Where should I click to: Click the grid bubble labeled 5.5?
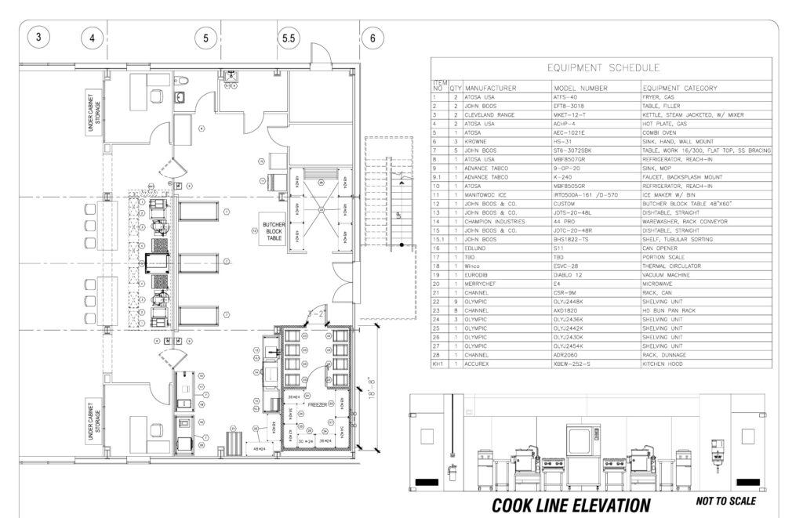pyautogui.click(x=289, y=37)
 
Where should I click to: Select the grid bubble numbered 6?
pyautogui.click(x=372, y=37)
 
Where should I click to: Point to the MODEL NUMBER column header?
pyautogui.click(x=580, y=88)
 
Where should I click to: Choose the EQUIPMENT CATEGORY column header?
pyautogui.click(x=680, y=88)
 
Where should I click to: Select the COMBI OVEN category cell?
pyautogui.click(x=660, y=132)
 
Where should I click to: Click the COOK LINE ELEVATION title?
pyautogui.click(x=570, y=504)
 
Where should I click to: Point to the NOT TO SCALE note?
pyautogui.click(x=725, y=501)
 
